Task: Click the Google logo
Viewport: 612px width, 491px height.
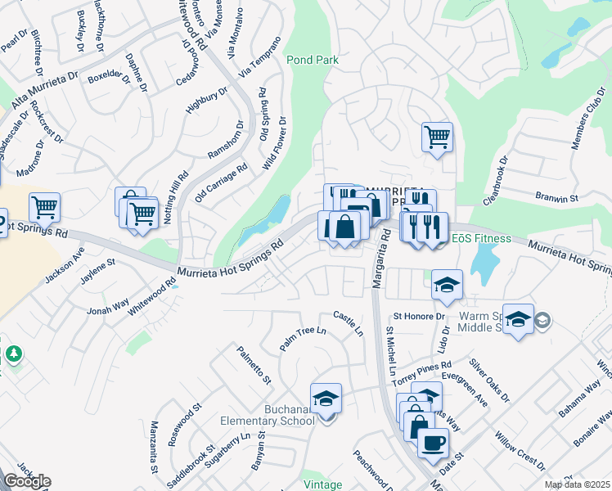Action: click(x=26, y=480)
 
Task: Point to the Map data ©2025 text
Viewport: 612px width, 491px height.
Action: click(x=577, y=484)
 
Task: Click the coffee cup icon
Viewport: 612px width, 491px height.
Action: click(x=433, y=443)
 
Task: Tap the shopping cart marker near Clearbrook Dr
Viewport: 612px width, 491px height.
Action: click(x=437, y=137)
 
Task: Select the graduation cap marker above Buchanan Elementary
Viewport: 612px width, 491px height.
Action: click(x=326, y=398)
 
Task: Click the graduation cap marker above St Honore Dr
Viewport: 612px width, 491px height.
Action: click(x=448, y=284)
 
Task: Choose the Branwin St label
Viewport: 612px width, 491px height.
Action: click(x=556, y=198)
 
